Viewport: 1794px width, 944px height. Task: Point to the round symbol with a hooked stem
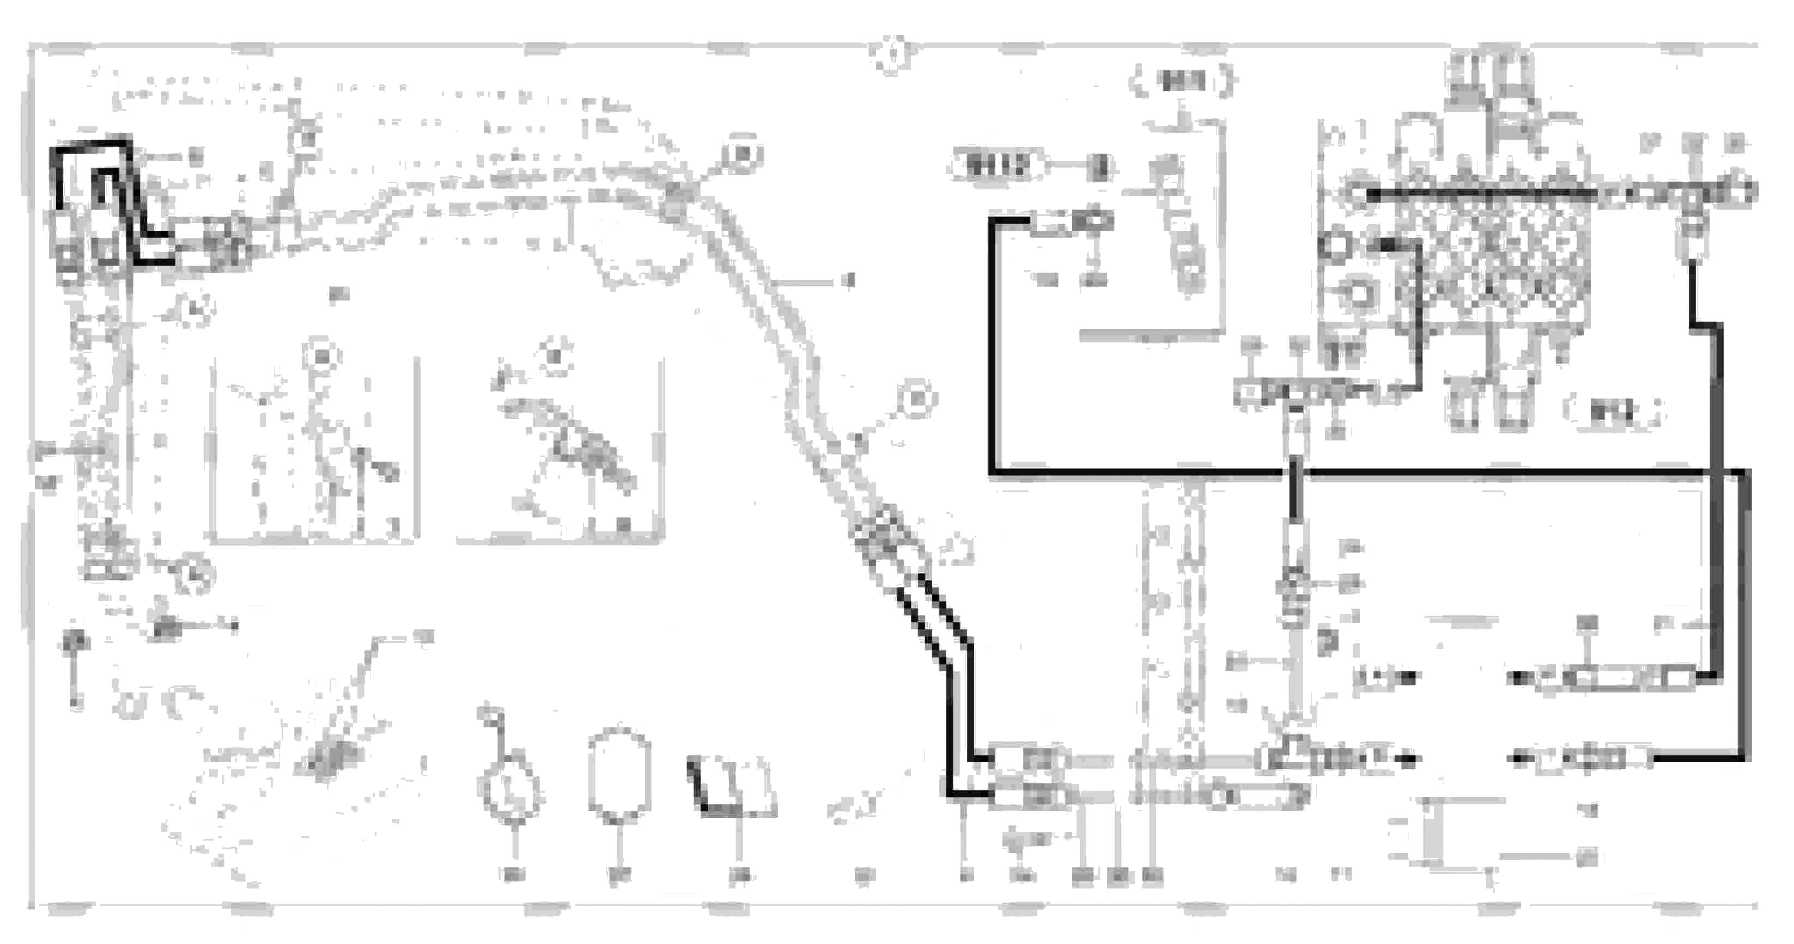coord(512,787)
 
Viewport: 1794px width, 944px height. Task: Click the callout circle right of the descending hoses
coord(916,399)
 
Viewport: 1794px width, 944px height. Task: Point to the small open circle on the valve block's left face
coord(1334,246)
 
